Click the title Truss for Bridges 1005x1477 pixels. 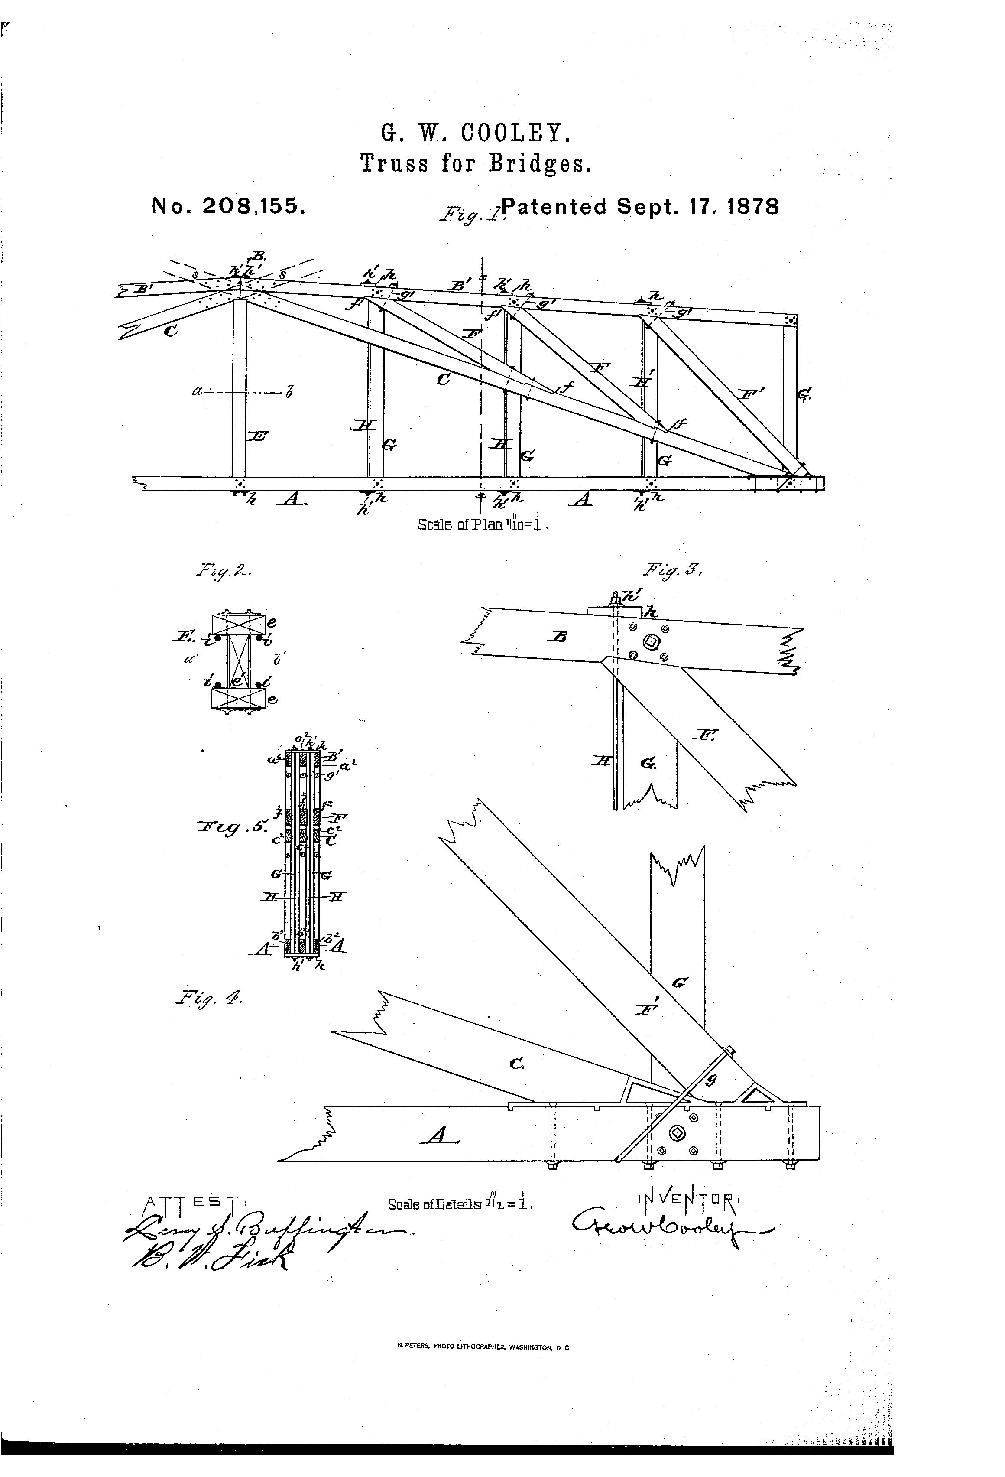(x=476, y=164)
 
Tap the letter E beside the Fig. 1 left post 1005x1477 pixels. (x=259, y=436)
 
